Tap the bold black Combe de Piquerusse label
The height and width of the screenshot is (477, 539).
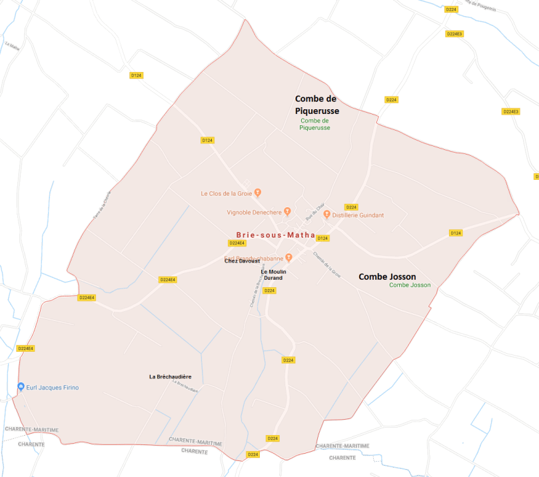tap(317, 105)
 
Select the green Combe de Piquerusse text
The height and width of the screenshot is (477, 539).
tap(315, 124)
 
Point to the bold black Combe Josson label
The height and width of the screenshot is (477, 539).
tap(387, 276)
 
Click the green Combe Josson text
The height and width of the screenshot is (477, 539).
tap(410, 285)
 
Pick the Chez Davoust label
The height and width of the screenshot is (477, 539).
tap(242, 261)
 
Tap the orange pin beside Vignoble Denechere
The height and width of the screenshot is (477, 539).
tap(287, 211)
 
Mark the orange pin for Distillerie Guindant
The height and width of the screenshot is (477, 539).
tap(326, 215)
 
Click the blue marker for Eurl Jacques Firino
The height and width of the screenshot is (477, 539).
tap(21, 387)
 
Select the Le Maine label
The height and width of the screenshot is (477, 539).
tap(12, 45)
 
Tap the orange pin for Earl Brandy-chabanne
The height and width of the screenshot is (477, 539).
tap(289, 258)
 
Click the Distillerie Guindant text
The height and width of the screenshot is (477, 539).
tap(358, 215)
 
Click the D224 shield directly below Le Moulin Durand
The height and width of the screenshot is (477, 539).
tap(269, 290)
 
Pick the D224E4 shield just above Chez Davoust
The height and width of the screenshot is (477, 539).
tap(238, 243)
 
